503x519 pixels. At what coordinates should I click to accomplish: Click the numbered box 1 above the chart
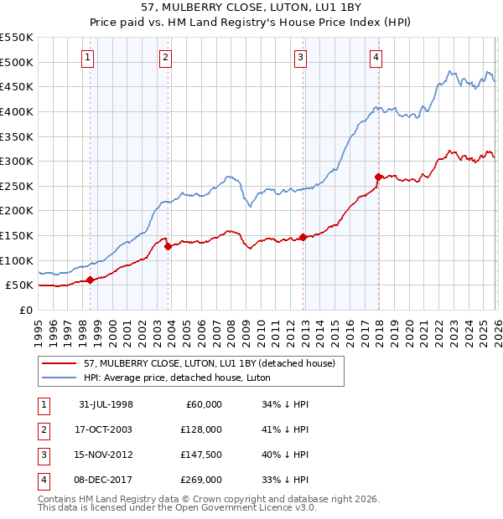pos(89,57)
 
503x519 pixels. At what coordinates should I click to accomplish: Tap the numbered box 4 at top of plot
pos(376,57)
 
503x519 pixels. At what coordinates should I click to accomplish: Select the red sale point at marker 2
pos(168,246)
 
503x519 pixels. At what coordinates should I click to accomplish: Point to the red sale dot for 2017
pos(378,177)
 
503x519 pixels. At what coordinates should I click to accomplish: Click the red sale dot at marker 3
pos(303,237)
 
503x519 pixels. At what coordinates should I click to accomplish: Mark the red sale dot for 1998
pos(91,280)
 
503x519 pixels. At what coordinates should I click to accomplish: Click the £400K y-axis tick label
pos(17,111)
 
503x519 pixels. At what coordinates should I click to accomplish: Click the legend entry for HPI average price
pos(167,378)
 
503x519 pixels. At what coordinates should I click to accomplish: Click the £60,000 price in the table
pos(204,403)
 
